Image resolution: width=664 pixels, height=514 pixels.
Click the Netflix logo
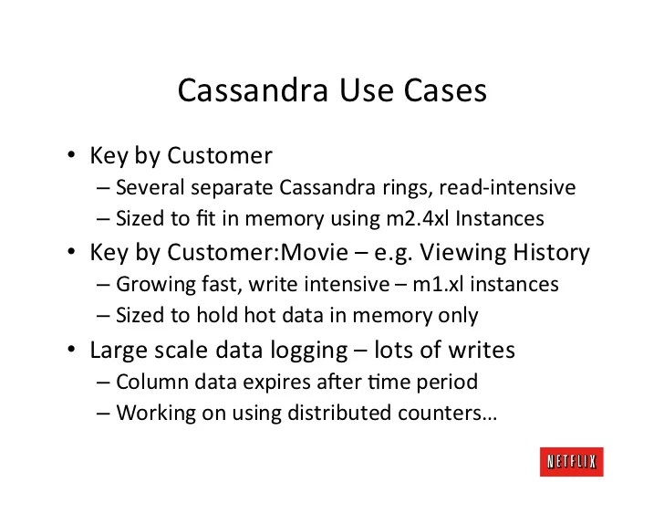tap(570, 462)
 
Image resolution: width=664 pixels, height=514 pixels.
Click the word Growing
tap(151, 285)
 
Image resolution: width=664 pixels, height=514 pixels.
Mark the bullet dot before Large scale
tap(69, 350)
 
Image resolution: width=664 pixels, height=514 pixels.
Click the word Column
tap(149, 382)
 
